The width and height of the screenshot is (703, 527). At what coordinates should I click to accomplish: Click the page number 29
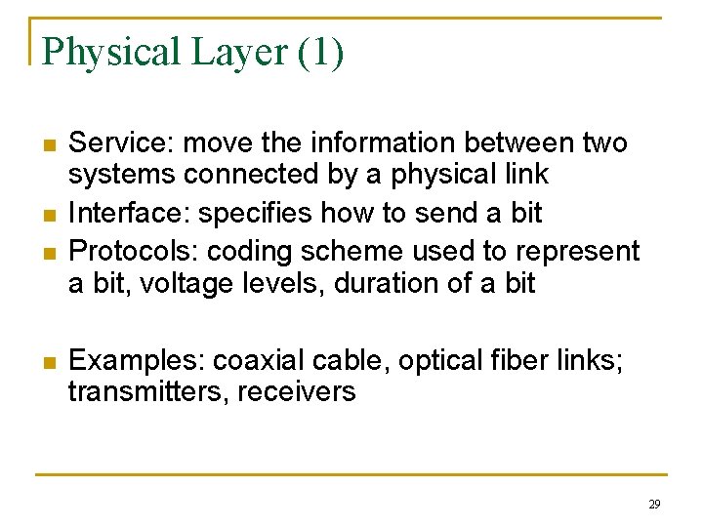[653, 505]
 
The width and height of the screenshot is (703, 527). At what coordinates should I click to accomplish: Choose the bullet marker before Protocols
[46, 254]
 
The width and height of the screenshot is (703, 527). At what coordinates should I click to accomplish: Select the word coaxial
[257, 360]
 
